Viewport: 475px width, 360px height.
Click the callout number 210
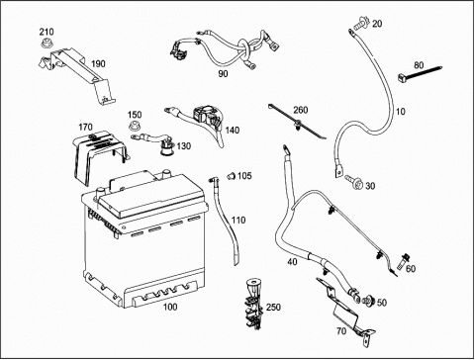pyautogui.click(x=47, y=32)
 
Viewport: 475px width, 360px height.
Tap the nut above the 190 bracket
pyautogui.click(x=46, y=44)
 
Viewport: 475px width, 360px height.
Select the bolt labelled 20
pyautogui.click(x=361, y=24)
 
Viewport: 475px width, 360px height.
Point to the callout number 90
pyautogui.click(x=224, y=73)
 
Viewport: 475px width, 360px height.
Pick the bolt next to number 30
pyautogui.click(x=353, y=182)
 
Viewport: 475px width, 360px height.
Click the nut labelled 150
pyautogui.click(x=133, y=127)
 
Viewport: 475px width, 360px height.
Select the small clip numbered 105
pyautogui.click(x=232, y=176)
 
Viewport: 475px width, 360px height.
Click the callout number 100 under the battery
pyautogui.click(x=170, y=307)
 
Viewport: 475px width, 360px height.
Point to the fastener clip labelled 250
pyautogui.click(x=253, y=304)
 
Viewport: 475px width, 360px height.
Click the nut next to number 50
pyautogui.click(x=368, y=301)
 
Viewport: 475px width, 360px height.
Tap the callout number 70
pyautogui.click(x=341, y=330)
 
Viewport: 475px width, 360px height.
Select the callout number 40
pyautogui.click(x=292, y=262)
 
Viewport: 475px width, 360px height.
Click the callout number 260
pyautogui.click(x=300, y=110)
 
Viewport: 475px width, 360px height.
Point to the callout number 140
pyautogui.click(x=233, y=131)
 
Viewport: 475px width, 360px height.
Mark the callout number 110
pyautogui.click(x=238, y=220)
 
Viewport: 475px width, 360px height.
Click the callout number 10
pyautogui.click(x=400, y=112)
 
